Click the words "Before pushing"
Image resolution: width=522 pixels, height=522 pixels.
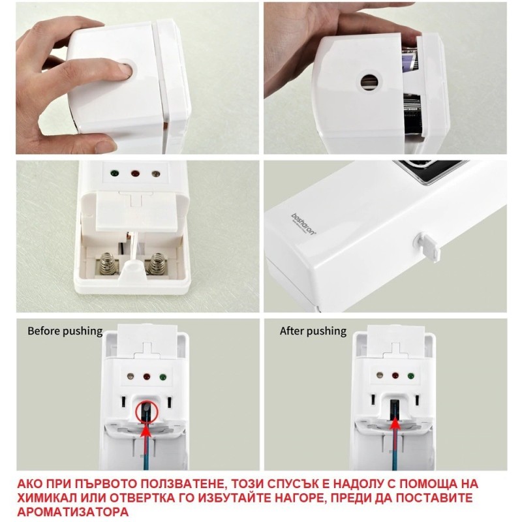(x=65, y=331)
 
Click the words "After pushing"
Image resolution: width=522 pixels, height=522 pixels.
(x=313, y=331)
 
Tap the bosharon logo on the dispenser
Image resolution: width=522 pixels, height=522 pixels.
(x=303, y=224)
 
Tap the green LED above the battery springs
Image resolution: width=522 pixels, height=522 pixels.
(x=115, y=174)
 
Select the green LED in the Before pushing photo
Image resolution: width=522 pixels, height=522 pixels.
(x=162, y=377)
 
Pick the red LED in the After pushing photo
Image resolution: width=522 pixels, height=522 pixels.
(x=395, y=376)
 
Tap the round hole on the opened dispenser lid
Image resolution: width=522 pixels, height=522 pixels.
(x=370, y=81)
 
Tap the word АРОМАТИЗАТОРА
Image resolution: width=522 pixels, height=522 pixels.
(x=73, y=512)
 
